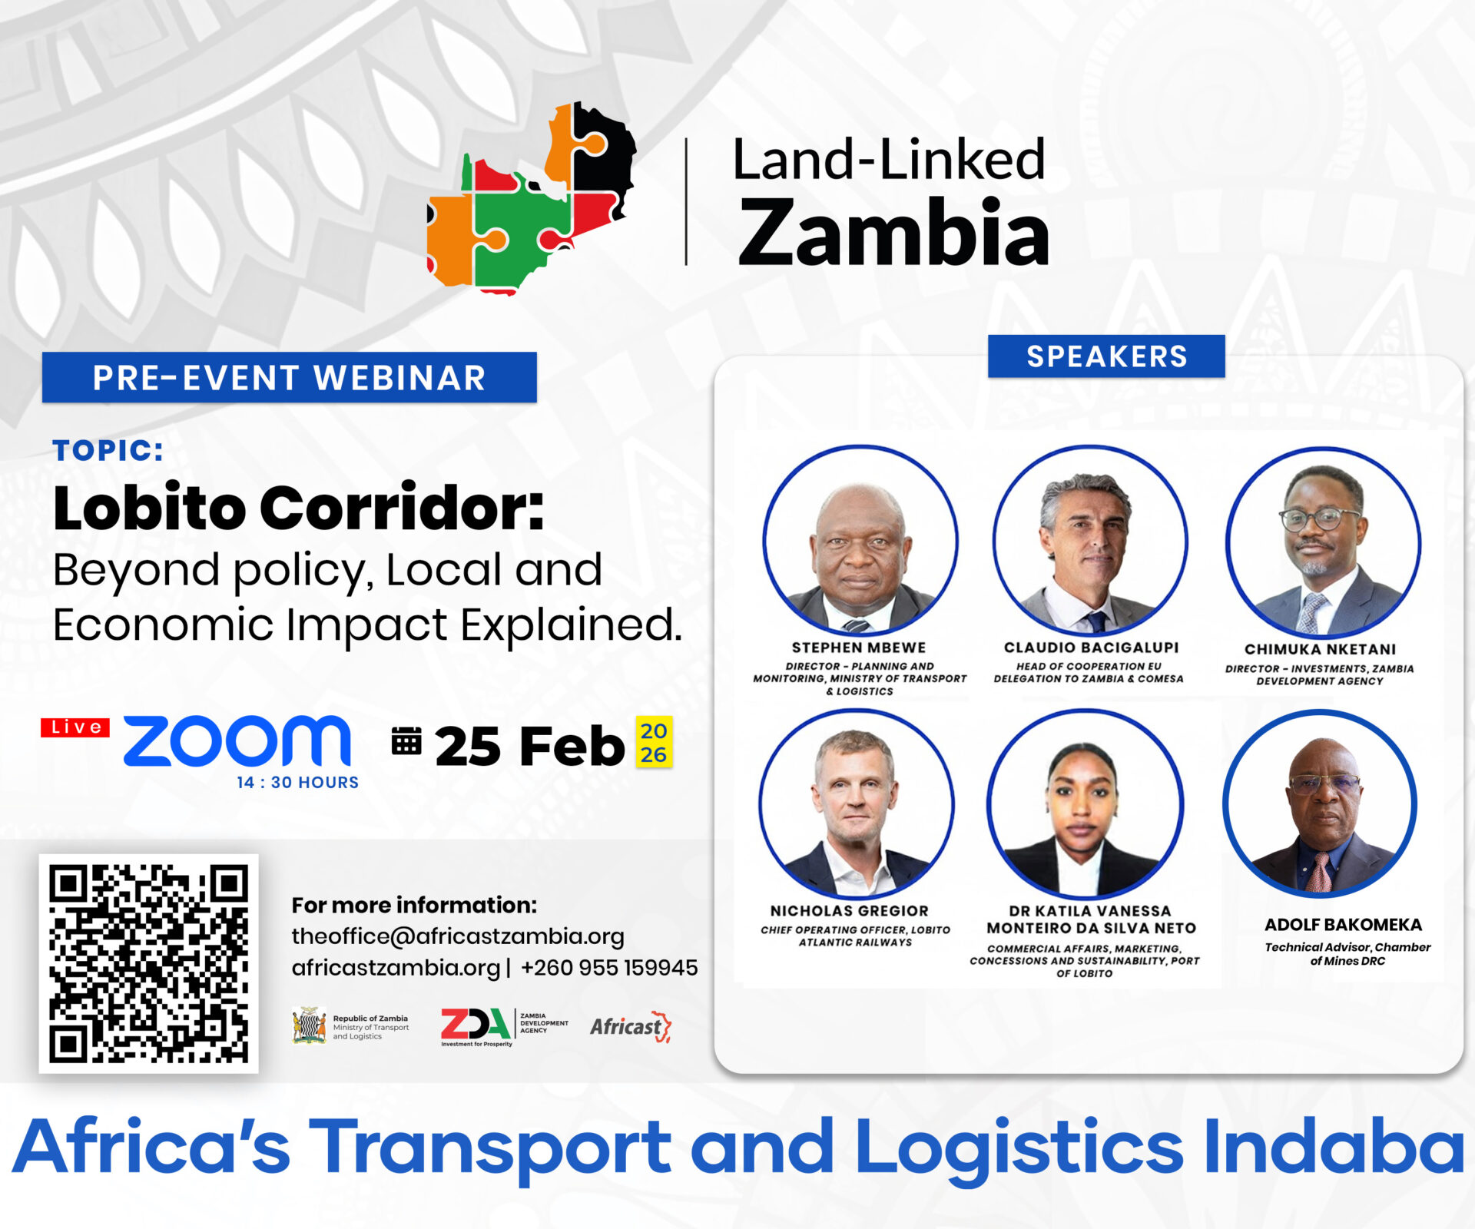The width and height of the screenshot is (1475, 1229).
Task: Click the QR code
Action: (x=149, y=963)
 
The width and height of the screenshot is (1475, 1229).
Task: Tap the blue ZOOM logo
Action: (x=237, y=741)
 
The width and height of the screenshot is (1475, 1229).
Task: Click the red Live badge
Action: (x=75, y=727)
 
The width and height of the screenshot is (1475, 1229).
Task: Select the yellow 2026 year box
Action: (x=654, y=742)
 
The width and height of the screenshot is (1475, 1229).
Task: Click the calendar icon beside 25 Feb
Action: (x=406, y=741)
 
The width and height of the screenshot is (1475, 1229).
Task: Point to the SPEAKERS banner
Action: (x=1106, y=356)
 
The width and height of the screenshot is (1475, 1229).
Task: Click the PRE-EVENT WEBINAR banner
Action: (x=290, y=377)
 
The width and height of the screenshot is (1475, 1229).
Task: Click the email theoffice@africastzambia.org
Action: (x=458, y=936)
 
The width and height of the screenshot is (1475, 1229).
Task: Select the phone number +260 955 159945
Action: (x=609, y=968)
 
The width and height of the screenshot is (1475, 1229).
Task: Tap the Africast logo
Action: (x=631, y=1027)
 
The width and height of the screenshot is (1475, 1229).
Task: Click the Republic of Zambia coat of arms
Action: (x=309, y=1025)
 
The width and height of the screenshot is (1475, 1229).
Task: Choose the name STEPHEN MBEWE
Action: (x=859, y=648)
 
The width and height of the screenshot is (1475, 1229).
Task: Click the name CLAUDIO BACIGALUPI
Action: (x=1091, y=648)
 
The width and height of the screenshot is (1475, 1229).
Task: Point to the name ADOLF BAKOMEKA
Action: (x=1343, y=925)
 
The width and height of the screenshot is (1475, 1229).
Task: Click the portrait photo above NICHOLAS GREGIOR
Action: (x=857, y=803)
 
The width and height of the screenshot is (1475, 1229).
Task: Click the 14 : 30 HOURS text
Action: (x=298, y=783)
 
